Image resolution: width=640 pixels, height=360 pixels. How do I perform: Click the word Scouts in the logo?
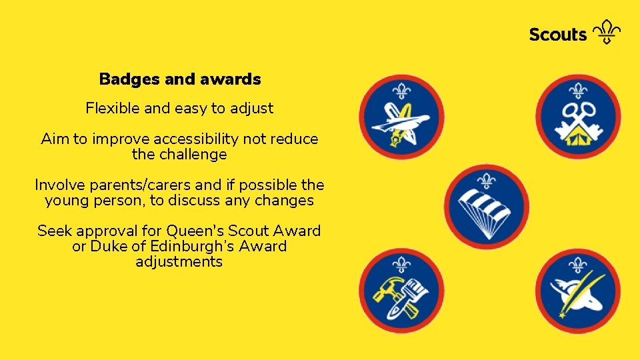point(557,35)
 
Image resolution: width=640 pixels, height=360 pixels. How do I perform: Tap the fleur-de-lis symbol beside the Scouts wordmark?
point(607,32)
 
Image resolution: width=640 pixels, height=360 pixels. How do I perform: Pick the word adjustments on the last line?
point(179,262)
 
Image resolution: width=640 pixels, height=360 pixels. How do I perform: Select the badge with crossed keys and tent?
point(578,117)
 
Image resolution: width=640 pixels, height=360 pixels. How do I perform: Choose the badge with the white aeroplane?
point(401,117)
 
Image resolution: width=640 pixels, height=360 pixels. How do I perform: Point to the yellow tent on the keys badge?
point(578,137)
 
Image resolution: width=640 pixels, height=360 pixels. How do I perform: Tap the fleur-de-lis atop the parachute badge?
point(487,181)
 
